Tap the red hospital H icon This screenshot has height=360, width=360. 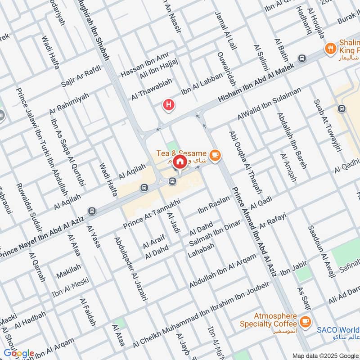click(169, 106)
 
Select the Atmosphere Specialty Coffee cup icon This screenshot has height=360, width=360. click(306, 321)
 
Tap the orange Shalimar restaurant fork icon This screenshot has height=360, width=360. click(331, 48)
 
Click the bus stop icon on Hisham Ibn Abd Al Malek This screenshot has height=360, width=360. click(301, 58)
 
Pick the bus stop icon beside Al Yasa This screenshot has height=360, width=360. click(92, 211)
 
